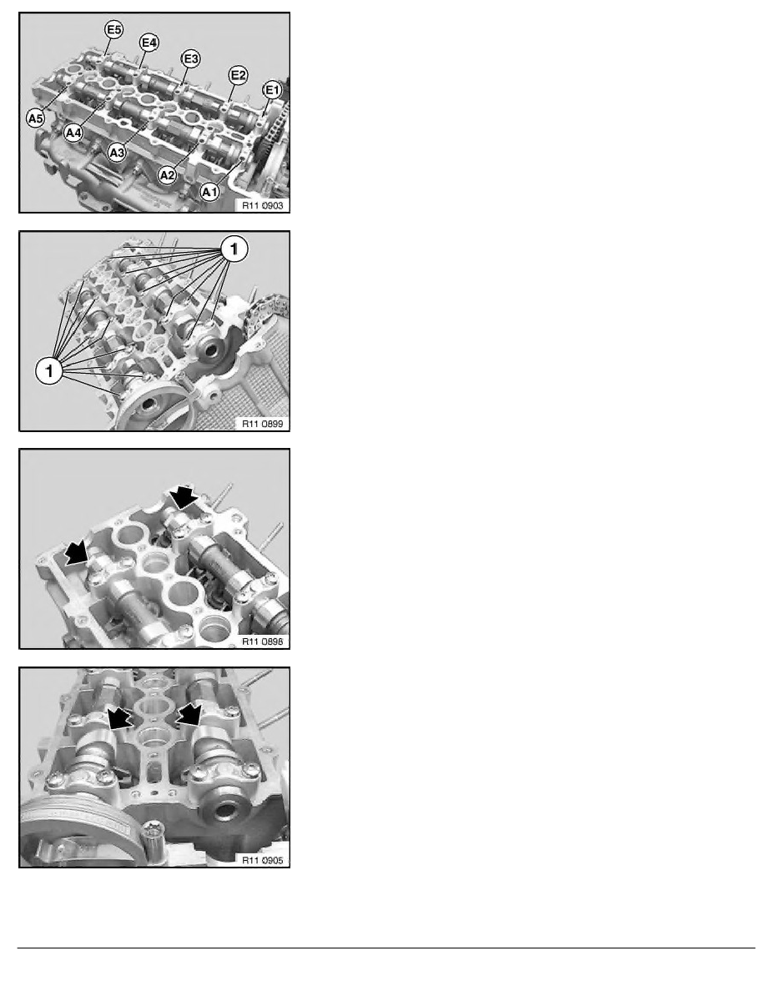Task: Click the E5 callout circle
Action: point(113,30)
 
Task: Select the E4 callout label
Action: point(150,42)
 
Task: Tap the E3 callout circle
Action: point(191,58)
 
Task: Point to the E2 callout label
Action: point(238,76)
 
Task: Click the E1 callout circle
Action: point(271,89)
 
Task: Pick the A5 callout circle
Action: point(35,119)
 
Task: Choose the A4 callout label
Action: point(73,132)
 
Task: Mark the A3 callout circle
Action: point(118,153)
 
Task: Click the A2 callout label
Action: point(168,174)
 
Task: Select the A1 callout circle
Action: point(209,192)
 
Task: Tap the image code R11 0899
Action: point(261,424)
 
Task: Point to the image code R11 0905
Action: point(261,860)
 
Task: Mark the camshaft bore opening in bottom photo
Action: point(224,811)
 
